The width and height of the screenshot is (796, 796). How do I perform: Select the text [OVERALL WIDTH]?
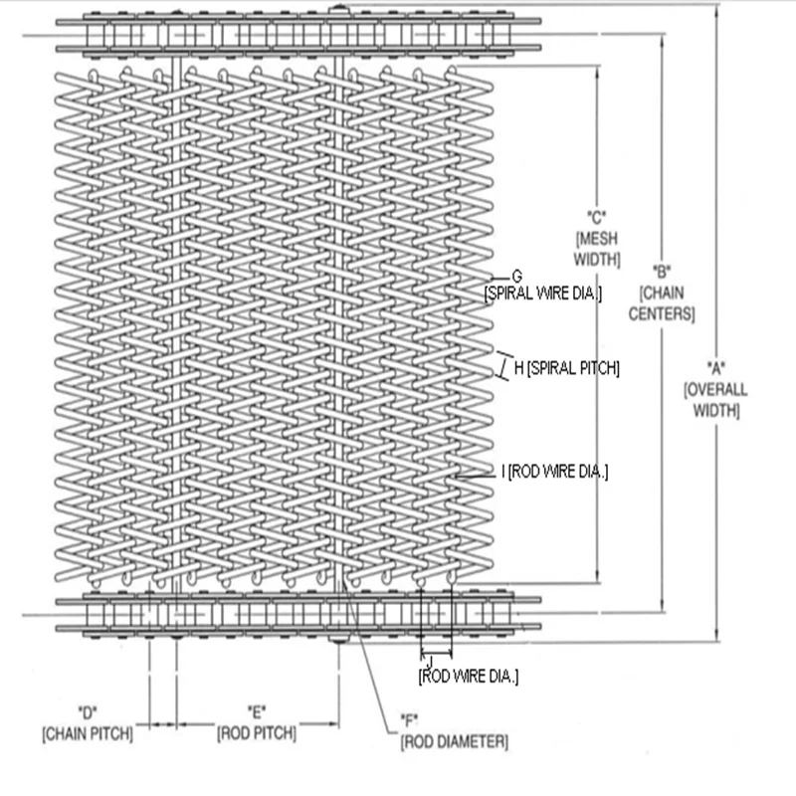(715, 397)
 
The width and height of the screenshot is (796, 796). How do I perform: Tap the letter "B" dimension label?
(662, 271)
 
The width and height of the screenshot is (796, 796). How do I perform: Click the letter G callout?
(516, 275)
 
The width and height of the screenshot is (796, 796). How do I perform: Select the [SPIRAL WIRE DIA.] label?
(546, 293)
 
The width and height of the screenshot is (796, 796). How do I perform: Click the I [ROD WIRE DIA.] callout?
(556, 470)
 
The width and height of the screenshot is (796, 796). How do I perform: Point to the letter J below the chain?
(429, 661)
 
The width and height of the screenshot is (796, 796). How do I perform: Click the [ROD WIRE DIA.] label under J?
(468, 677)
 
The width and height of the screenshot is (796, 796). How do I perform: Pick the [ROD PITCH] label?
(257, 733)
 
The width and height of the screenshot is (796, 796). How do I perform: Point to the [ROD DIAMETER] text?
(455, 741)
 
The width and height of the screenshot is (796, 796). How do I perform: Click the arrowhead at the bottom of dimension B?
(662, 609)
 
